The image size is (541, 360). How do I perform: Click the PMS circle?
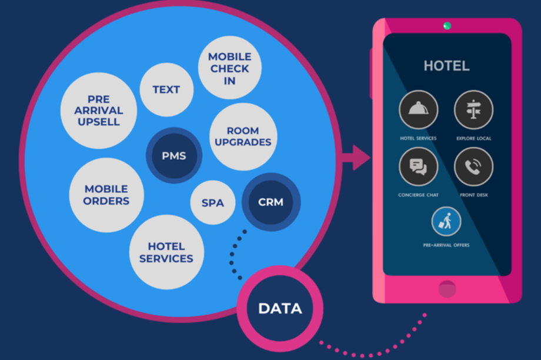(x=173, y=156)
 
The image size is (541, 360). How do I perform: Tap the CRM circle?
(x=270, y=202)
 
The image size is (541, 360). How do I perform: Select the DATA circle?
(x=280, y=308)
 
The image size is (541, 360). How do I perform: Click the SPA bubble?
(x=212, y=203)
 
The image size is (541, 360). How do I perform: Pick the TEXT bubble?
(x=166, y=89)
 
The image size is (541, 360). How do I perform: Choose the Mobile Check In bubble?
(x=229, y=68)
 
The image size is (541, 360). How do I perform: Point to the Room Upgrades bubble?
(x=243, y=136)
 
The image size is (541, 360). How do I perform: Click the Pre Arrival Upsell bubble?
(x=99, y=111)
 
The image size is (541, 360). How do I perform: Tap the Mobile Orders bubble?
(x=106, y=195)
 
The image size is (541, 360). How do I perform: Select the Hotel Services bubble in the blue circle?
(x=166, y=252)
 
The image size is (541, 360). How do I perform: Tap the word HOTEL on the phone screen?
(x=446, y=65)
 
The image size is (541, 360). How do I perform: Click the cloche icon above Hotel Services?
(x=418, y=110)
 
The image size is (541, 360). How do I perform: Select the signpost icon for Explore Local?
(x=473, y=110)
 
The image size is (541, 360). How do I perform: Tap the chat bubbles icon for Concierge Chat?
(x=418, y=166)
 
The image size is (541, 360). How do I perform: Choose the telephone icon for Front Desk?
(x=473, y=166)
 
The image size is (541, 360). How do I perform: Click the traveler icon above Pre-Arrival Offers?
(x=446, y=221)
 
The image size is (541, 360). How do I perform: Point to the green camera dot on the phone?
(x=447, y=25)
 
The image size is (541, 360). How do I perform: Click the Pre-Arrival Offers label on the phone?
(x=446, y=245)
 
